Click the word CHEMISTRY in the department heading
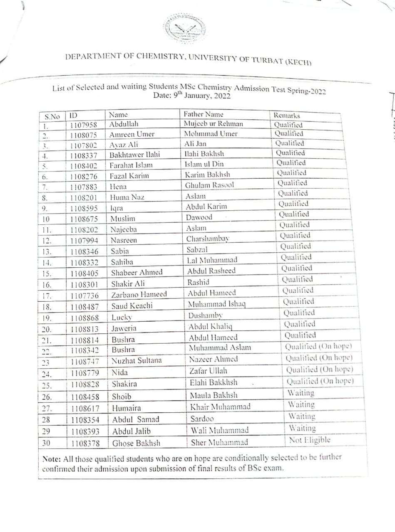point(154,58)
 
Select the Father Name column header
point(204,114)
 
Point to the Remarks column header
point(286,116)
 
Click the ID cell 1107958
point(83,124)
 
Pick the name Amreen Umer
point(132,134)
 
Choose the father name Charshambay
point(208,239)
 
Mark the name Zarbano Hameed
point(139,295)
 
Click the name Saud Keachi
point(132,306)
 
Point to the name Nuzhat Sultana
point(137,360)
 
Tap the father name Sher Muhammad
point(219,442)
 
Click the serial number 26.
point(47,397)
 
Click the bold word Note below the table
point(51,458)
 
